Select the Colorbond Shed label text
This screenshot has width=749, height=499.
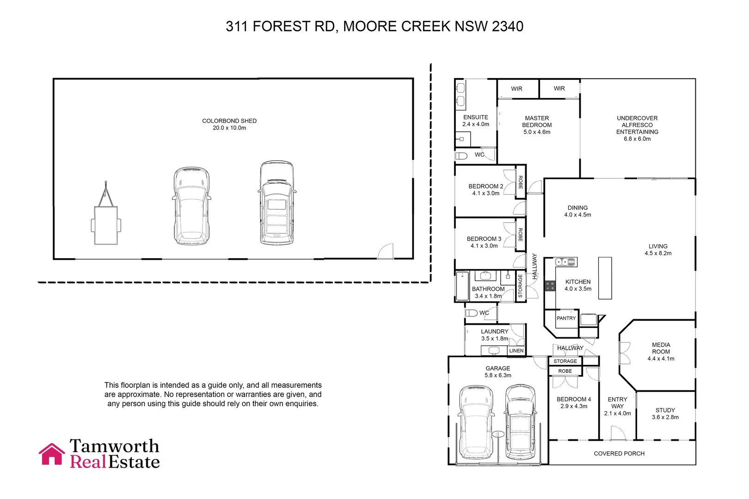229,124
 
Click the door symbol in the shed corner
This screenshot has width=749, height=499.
386,251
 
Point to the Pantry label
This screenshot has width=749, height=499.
566,318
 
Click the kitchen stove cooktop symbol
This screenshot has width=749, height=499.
550,286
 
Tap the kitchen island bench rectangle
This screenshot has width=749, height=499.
605,278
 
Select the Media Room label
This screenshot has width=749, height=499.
661,352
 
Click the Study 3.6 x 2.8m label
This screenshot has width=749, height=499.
665,414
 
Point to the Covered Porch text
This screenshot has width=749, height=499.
619,454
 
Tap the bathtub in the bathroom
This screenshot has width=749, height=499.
462,286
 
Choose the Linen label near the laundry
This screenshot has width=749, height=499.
516,351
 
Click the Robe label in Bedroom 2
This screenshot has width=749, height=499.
521,182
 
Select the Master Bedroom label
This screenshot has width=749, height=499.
537,125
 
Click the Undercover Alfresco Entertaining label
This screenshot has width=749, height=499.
637,128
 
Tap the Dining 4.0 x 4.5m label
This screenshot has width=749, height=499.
577,211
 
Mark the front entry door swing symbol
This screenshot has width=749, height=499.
618,433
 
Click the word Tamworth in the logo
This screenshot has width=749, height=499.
114,446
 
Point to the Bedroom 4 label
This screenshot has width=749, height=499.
573,402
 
